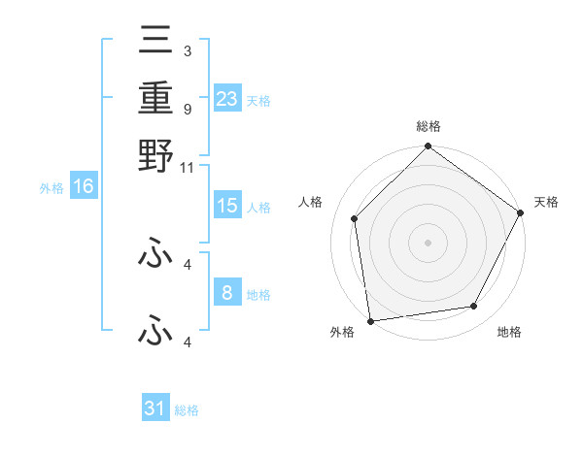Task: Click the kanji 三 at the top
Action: click(155, 42)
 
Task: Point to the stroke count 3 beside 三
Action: click(187, 49)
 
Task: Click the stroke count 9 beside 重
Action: click(187, 109)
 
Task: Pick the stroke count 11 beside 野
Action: click(187, 166)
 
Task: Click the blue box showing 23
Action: click(227, 98)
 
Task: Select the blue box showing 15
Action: click(227, 206)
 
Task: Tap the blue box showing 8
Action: click(227, 293)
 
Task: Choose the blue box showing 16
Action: click(84, 187)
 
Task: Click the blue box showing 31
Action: click(155, 408)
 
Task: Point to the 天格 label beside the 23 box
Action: click(258, 101)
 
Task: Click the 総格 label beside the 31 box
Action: click(187, 411)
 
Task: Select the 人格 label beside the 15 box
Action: click(258, 208)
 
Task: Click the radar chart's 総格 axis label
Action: click(429, 127)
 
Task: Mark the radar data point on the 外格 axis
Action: click(370, 320)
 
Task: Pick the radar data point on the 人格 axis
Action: click(355, 218)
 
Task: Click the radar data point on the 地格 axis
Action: click(474, 306)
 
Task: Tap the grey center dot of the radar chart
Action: click(429, 242)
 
